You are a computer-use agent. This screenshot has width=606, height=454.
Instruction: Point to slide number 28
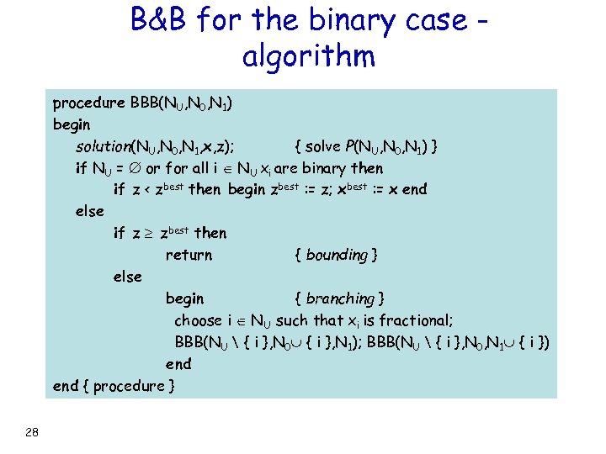point(32,432)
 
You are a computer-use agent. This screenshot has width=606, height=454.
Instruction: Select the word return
point(189,255)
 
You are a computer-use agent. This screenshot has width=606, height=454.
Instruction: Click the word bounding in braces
point(336,255)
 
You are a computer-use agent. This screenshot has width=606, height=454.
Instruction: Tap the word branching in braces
point(339,298)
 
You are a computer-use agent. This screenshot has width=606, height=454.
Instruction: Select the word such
point(292,320)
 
